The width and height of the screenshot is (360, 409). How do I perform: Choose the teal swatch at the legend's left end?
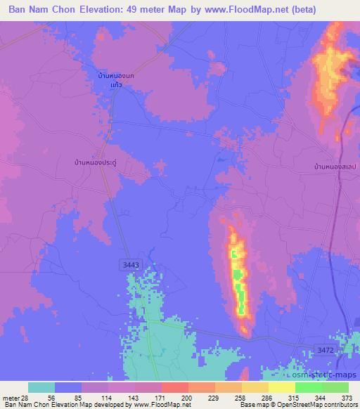coord(41,387)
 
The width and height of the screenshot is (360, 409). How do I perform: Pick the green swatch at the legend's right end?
coord(335,387)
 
